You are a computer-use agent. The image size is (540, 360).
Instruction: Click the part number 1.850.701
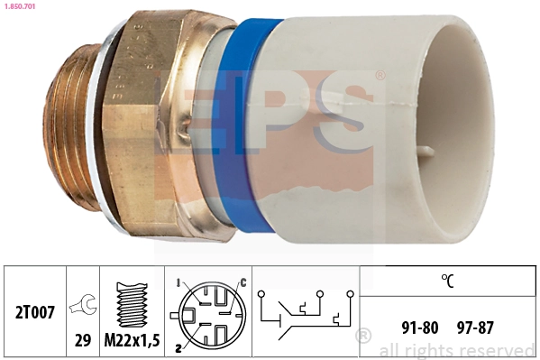pyautogui.click(x=20, y=7)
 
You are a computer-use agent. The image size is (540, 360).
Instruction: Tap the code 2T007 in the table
pyautogui.click(x=37, y=314)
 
